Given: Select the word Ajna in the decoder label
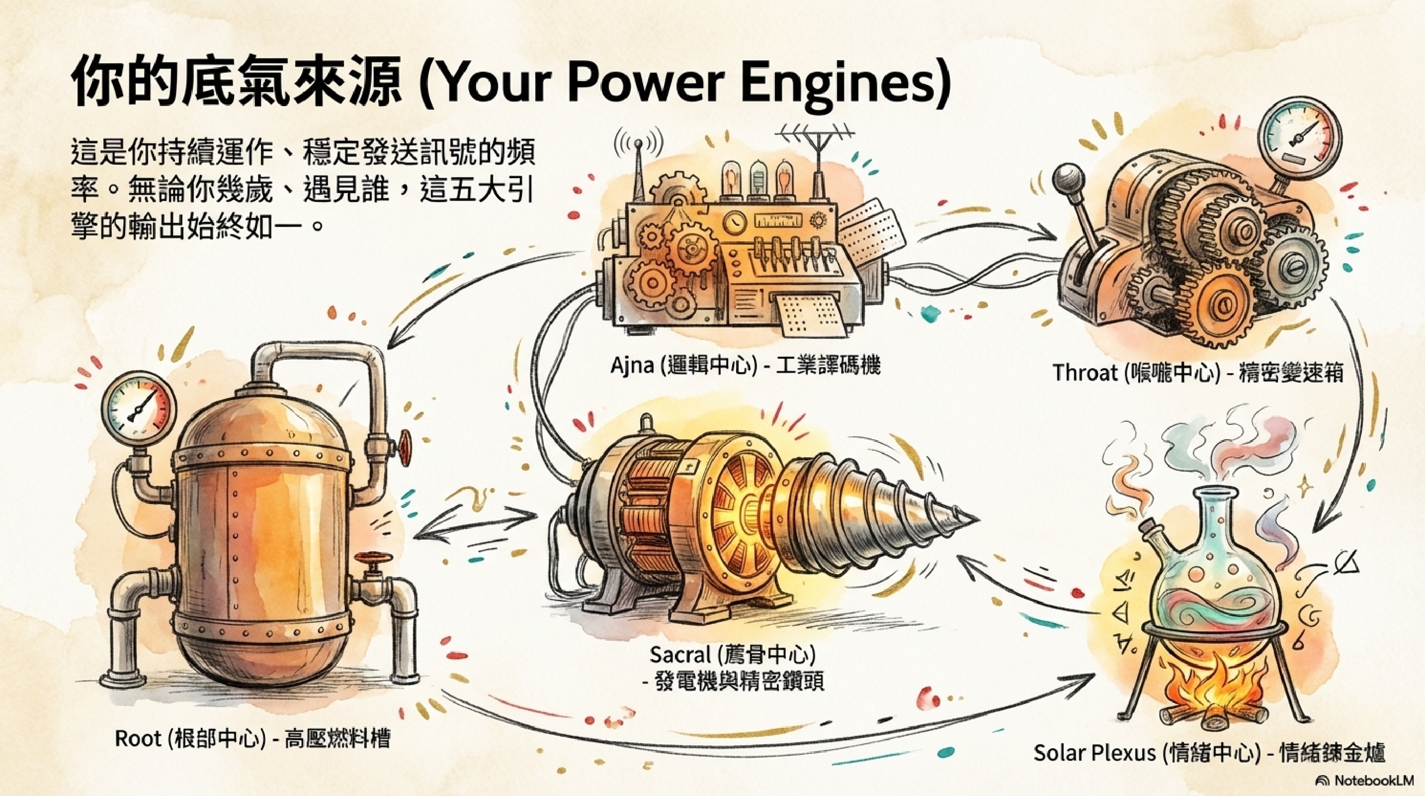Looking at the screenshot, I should (x=630, y=365).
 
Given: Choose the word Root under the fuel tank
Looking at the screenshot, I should (x=137, y=738).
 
